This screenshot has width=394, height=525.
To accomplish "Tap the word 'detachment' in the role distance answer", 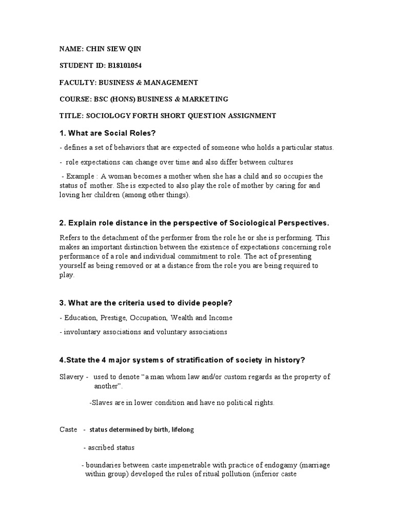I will tap(117, 237).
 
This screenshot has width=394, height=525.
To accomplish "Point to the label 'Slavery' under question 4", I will tap(70, 376).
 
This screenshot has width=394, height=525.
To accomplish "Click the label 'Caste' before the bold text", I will tap(68, 429).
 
